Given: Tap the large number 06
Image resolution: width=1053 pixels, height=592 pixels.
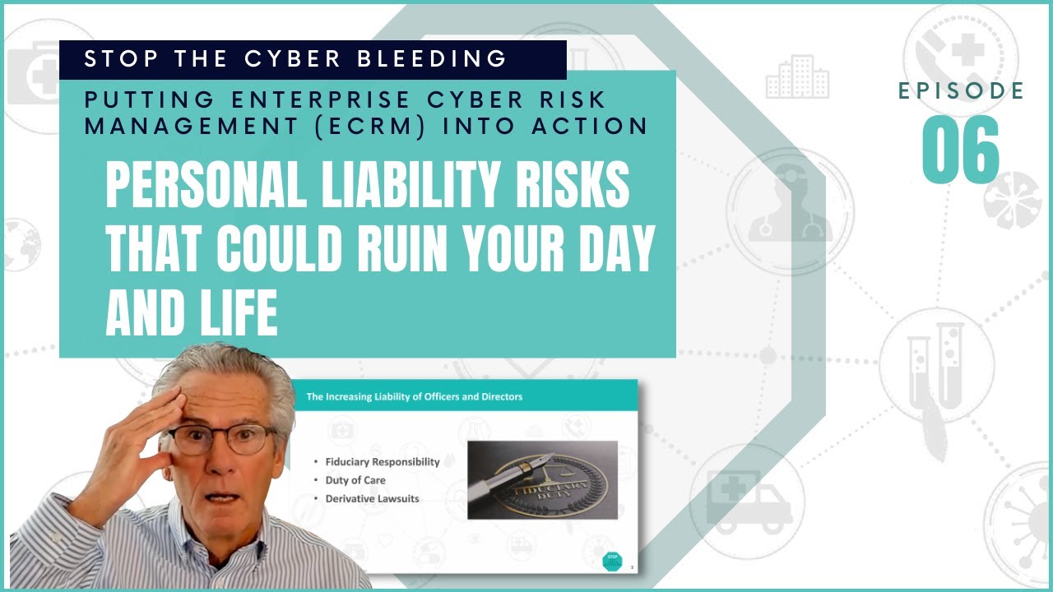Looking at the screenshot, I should point(961,150).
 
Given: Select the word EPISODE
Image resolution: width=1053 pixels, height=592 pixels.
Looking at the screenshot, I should point(961,91).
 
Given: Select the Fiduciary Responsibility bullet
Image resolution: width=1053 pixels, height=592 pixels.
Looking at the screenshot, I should point(382,461).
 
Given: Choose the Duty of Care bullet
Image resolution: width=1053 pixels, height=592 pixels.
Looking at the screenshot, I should point(355,479).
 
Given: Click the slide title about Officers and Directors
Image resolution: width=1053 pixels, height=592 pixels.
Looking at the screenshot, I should point(414,396).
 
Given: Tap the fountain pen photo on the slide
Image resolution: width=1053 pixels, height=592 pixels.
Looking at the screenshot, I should point(542,479).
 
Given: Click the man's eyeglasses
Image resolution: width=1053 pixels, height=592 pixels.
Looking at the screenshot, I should point(220,439).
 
